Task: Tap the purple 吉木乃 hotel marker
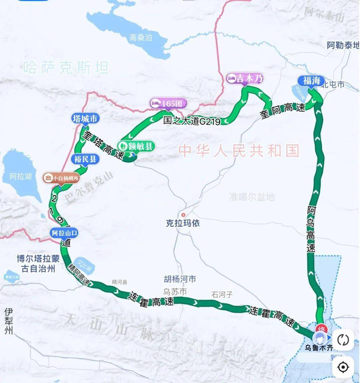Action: pos(245,79)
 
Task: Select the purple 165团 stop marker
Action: pos(168,103)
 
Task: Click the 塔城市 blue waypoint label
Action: pos(85,119)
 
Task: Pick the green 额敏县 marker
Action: pos(136,146)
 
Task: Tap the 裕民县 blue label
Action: pos(85,159)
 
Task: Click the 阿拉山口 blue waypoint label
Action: pos(65,233)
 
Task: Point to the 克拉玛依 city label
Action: pos(183,223)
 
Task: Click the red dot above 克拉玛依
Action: pos(183,215)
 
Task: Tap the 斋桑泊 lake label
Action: pos(140,38)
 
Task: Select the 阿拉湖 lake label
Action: pos(20,176)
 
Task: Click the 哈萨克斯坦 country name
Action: pos(66,68)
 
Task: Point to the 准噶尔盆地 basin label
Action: pos(252,197)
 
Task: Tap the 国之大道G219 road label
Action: pos(192,121)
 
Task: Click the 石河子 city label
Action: pos(222,294)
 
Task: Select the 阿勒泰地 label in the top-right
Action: pos(343,45)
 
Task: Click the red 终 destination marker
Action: pos(322,328)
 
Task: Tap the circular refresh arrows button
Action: pos(343,340)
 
